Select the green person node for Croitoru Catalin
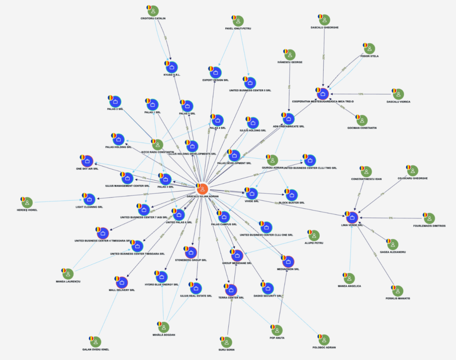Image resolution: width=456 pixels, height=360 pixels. click(153, 11)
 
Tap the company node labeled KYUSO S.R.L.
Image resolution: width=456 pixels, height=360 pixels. click(172, 67)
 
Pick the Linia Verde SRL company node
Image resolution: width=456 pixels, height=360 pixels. click(352, 217)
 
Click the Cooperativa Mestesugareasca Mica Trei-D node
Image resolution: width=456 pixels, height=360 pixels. click(322, 94)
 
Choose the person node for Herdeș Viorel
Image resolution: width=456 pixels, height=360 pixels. click(27, 202)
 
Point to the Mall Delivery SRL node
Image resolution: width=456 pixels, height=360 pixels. click(122, 282)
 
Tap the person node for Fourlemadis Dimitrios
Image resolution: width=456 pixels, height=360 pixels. click(429, 218)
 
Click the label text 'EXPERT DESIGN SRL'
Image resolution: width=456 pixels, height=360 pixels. click(215, 80)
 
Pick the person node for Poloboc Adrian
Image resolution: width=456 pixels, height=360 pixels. click(324, 340)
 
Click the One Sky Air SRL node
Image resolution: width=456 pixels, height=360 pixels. click(87, 161)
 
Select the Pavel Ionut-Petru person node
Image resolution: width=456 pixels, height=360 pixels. click(238, 20)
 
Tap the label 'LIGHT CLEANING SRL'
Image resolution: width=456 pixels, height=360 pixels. click(89, 207)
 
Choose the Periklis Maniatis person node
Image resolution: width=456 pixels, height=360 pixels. click(398, 290)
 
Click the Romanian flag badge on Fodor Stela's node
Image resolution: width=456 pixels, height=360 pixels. click(365, 45)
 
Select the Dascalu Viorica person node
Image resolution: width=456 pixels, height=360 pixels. click(398, 94)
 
